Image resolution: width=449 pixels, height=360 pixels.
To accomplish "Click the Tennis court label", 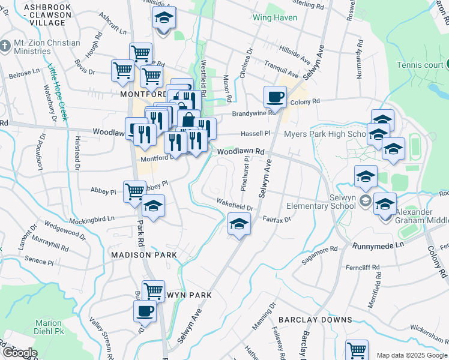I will pos(419,65).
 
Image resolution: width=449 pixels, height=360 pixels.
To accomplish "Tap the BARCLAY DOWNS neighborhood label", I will pos(315,320).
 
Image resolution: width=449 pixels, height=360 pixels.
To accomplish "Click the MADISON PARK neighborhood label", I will pos(144,255).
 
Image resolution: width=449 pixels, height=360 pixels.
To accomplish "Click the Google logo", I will pos(19,353).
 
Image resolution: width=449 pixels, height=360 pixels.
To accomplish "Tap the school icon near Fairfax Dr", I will pos(239,224).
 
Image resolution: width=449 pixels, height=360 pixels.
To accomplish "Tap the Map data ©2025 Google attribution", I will pos(411,355).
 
